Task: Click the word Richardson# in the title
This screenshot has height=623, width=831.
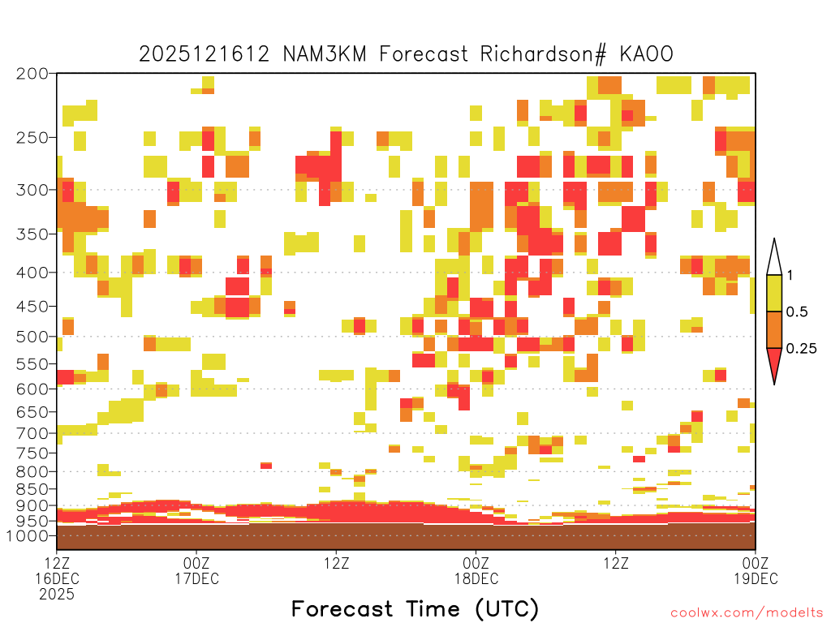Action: coord(543,54)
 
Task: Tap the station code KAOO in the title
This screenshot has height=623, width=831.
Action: coord(647,54)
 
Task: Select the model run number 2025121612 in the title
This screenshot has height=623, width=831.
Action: coord(204,54)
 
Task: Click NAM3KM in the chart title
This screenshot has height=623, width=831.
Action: coord(325,54)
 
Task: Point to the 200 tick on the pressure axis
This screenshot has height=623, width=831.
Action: coord(32,74)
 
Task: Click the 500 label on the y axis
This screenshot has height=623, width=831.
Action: coord(32,337)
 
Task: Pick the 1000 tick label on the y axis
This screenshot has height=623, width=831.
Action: coord(28,536)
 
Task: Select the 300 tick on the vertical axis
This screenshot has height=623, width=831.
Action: coord(32,190)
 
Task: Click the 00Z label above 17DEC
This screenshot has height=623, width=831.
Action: coord(196,563)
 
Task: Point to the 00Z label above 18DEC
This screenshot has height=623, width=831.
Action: coord(476,563)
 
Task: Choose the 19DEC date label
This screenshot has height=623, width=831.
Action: coord(756,578)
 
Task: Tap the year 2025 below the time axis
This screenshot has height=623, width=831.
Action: coord(57,595)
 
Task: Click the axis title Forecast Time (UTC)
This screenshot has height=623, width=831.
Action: coord(415,609)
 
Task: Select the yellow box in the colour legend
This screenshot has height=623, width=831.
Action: coord(774,293)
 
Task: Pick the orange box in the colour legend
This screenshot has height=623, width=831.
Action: coord(774,329)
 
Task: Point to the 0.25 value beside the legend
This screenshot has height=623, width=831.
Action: coord(801,349)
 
